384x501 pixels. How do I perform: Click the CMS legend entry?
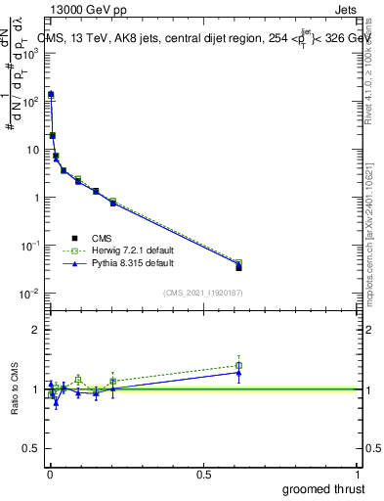(102, 238)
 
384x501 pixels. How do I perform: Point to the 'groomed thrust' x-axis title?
(323, 488)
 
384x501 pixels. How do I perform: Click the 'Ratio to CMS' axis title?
(15, 388)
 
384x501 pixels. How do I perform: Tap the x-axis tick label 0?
(49, 474)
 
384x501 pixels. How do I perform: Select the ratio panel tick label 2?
(35, 330)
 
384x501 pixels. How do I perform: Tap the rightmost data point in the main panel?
(238, 266)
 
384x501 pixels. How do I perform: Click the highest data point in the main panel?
(51, 95)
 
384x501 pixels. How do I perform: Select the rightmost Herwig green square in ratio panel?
(238, 365)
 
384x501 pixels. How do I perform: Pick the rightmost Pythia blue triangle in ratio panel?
(238, 372)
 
